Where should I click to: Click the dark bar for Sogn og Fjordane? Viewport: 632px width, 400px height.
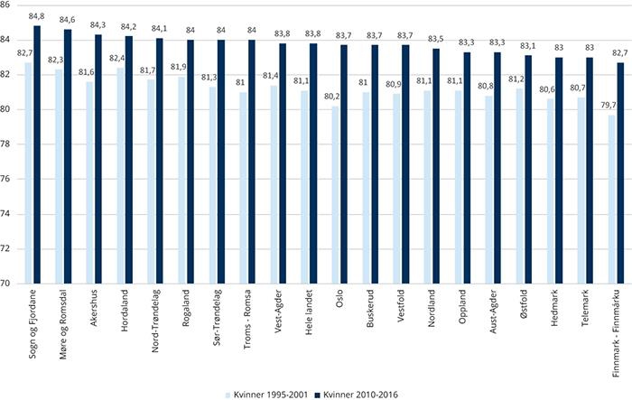coord(37,154)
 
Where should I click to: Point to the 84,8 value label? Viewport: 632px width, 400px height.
coord(37,16)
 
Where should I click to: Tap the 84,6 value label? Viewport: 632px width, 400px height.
coord(69,20)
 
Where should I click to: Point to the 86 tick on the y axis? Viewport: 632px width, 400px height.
coord(9,5)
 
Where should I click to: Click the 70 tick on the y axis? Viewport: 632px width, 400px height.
coord(9,283)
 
